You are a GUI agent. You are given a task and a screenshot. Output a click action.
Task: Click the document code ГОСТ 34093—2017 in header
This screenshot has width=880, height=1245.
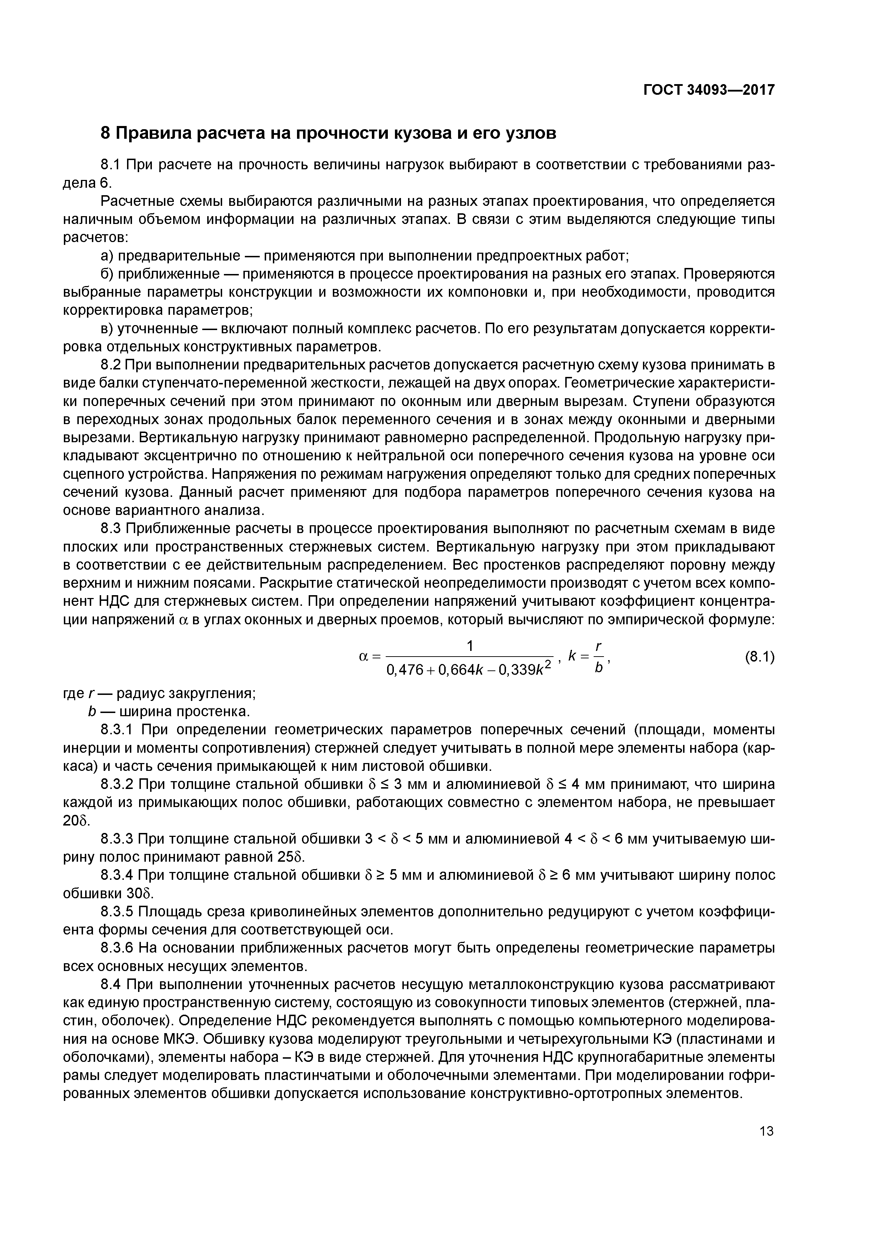pyautogui.click(x=709, y=90)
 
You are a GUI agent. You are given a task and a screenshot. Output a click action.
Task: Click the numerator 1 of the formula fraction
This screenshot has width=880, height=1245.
pyautogui.click(x=470, y=646)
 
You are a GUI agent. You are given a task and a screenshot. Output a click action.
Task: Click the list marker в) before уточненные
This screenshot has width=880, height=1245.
pyautogui.click(x=108, y=329)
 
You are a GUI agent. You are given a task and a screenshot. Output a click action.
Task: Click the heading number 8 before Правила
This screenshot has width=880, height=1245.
pyautogui.click(x=106, y=133)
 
